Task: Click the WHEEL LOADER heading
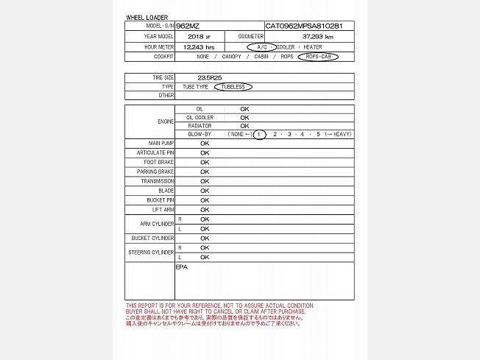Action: click(x=147, y=17)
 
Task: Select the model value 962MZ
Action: click(x=188, y=26)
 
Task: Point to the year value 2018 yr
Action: click(x=199, y=36)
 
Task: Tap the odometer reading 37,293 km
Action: click(x=317, y=36)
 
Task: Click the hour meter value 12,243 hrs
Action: click(x=199, y=46)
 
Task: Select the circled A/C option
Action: click(x=261, y=46)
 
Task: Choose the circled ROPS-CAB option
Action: click(x=318, y=56)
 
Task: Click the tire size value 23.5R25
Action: click(x=210, y=77)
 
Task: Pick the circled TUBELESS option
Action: click(x=233, y=87)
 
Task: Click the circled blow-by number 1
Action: click(x=258, y=134)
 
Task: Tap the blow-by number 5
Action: click(x=318, y=134)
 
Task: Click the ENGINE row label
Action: click(x=166, y=121)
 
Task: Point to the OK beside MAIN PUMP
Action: click(x=205, y=143)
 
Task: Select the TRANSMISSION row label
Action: click(x=158, y=181)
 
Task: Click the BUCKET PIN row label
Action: click(x=160, y=200)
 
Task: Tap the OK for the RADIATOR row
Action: click(x=244, y=126)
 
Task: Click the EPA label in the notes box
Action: click(x=182, y=267)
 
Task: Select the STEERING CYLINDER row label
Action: click(x=152, y=253)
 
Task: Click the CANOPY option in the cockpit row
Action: click(x=231, y=56)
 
